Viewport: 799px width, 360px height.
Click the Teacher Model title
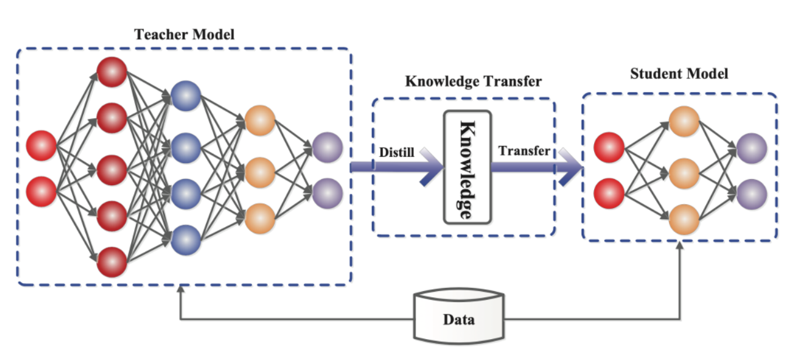(184, 34)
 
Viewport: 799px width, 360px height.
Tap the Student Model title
(679, 74)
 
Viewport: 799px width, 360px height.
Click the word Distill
(395, 151)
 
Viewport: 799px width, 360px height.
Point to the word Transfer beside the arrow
(524, 151)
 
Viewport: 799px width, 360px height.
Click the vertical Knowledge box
(467, 166)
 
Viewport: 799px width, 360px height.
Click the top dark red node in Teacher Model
(111, 71)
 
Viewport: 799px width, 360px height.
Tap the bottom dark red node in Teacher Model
(111, 262)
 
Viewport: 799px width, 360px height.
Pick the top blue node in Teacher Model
(186, 95)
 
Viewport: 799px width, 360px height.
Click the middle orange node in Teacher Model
(259, 173)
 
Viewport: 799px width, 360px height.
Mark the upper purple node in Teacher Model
(327, 148)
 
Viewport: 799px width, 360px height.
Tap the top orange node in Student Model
(684, 122)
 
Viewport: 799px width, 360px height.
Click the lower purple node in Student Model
(752, 194)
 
